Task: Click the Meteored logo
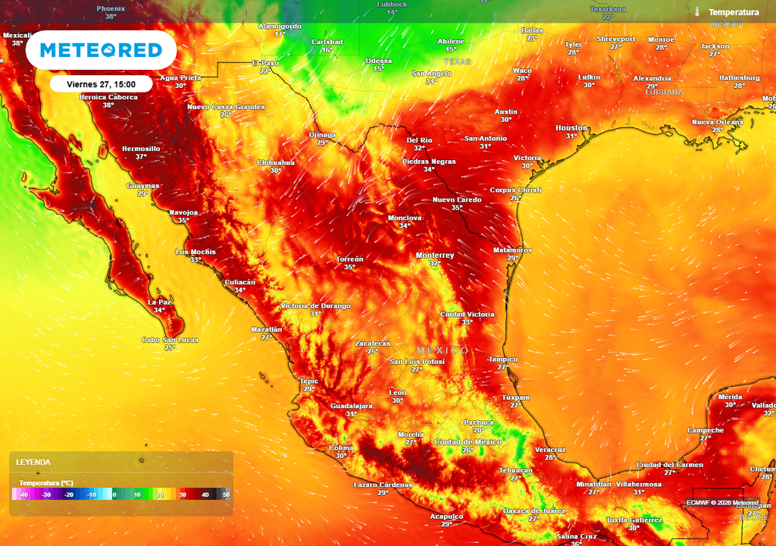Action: [x=101, y=51]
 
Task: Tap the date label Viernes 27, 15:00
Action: [x=101, y=84]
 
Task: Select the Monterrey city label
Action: [x=435, y=256]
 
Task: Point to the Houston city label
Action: [x=571, y=128]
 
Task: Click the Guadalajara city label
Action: [x=351, y=406]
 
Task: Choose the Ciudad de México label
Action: [x=468, y=441]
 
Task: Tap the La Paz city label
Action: [x=159, y=302]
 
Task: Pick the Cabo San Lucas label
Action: [x=170, y=340]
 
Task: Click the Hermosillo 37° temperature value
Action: [x=141, y=157]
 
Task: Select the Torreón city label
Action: [x=349, y=259]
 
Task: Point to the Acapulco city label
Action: [x=446, y=516]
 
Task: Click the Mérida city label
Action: [x=730, y=397]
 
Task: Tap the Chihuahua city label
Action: [x=276, y=162]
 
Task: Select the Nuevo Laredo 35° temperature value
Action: [x=457, y=208]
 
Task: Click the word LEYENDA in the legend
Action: [x=33, y=462]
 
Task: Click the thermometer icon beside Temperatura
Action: [x=696, y=12]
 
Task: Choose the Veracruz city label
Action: [x=550, y=449]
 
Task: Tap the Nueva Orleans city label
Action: [x=717, y=121]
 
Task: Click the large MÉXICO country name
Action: [x=443, y=350]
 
